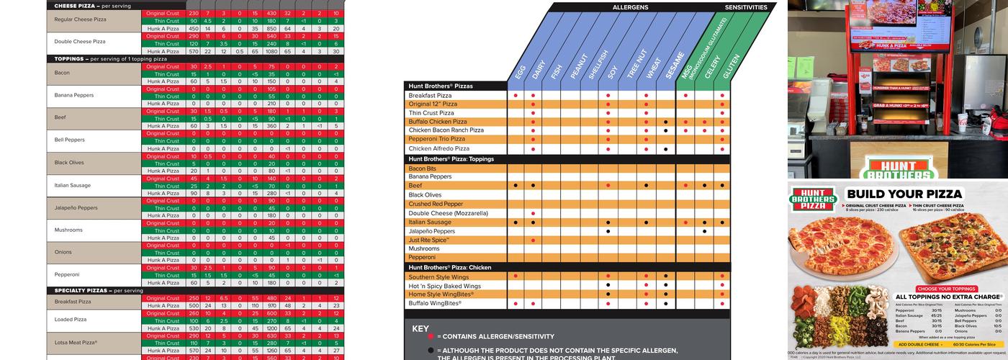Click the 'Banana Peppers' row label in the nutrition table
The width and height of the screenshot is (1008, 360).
coord(74,95)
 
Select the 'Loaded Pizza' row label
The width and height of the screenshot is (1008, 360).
coord(71,320)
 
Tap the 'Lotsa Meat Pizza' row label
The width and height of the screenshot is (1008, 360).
coord(76,342)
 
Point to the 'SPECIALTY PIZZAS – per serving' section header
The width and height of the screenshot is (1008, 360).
coord(99,290)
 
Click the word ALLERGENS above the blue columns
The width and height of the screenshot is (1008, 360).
coord(630,7)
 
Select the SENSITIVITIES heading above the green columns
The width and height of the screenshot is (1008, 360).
coord(749,7)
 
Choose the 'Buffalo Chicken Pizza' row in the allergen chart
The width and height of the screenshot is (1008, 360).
coord(438,122)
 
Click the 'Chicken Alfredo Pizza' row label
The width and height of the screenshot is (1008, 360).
coord(438,149)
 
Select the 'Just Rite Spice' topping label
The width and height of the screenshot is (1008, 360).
coord(429,240)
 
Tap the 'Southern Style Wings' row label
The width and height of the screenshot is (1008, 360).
coord(438,276)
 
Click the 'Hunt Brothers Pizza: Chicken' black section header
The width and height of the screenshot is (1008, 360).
coord(450,268)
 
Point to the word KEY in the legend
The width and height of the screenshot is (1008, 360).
coord(420,329)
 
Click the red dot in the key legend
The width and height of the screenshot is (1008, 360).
coord(431,336)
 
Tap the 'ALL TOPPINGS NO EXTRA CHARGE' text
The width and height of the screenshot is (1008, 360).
coord(948,297)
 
